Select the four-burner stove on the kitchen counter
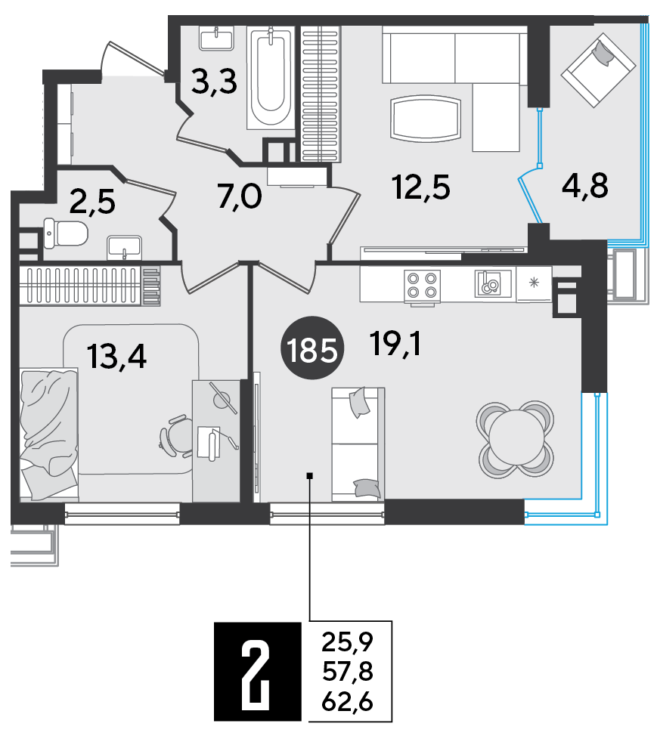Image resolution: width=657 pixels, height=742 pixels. tap(422, 285)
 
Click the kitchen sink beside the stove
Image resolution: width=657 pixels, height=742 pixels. tap(493, 283)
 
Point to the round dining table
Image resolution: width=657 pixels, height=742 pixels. tap(516, 440)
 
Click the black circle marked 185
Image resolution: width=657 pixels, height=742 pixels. tap(312, 348)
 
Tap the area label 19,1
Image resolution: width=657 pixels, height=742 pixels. tap(395, 344)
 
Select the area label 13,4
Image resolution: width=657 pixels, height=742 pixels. tap(117, 357)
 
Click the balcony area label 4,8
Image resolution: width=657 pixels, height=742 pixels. tap(585, 185)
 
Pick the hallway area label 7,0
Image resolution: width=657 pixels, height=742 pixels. tap(240, 197)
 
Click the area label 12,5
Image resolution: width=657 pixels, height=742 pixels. tap(421, 187)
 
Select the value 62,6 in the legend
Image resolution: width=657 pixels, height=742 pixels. tap(348, 702)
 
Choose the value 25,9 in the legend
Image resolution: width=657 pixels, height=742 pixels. tap(348, 642)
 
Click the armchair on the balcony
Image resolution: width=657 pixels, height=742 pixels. tap(598, 70)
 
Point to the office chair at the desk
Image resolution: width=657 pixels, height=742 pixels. tap(176, 436)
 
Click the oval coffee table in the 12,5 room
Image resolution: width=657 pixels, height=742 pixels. tap(426, 119)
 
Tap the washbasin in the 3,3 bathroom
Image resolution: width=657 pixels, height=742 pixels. tap(217, 38)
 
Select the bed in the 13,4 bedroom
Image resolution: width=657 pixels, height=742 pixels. tap(48, 434)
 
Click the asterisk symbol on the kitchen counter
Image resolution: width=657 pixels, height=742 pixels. tap(534, 283)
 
